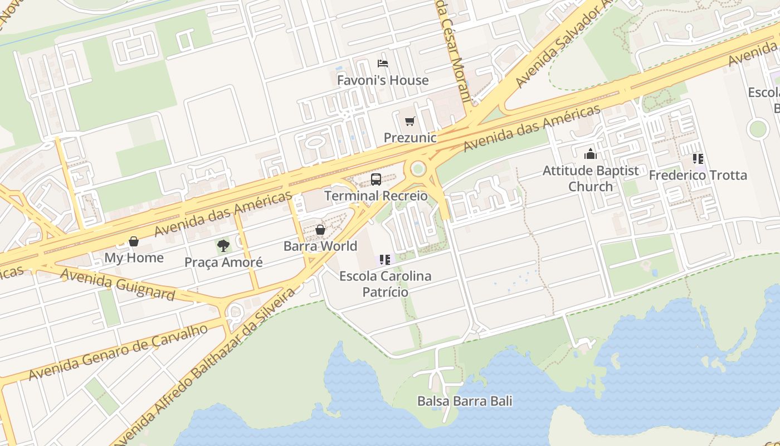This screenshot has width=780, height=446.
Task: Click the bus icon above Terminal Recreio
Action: click(x=376, y=180)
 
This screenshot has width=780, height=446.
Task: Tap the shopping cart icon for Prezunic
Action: click(x=410, y=121)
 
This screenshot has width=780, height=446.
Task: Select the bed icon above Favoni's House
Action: click(x=383, y=64)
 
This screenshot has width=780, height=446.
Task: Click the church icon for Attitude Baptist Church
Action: click(x=591, y=154)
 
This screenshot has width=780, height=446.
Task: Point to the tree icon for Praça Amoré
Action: click(x=223, y=245)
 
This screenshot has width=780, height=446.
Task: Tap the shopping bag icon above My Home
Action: click(x=134, y=241)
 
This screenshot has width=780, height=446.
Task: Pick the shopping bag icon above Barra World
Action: click(x=320, y=230)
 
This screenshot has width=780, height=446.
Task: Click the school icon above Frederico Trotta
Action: click(x=698, y=159)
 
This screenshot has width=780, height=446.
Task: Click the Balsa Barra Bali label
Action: click(x=465, y=401)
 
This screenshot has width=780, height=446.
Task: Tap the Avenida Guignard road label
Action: click(x=118, y=284)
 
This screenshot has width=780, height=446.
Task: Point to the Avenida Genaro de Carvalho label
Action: click(x=118, y=352)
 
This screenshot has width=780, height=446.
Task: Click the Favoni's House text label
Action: click(x=383, y=80)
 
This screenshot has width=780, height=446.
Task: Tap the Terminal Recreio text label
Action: click(x=376, y=196)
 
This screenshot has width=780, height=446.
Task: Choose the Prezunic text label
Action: click(x=410, y=137)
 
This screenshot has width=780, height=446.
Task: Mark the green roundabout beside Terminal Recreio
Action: click(x=418, y=168)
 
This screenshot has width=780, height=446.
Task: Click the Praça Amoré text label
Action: click(x=223, y=262)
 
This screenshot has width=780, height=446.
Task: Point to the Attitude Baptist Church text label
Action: click(x=591, y=178)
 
